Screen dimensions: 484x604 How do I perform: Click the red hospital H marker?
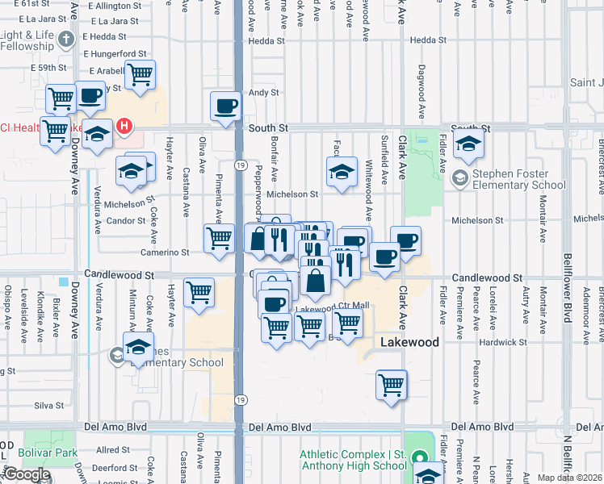(x=124, y=126)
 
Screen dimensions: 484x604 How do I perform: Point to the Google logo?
(x=27, y=474)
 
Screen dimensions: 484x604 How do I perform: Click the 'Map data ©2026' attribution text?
(x=570, y=478)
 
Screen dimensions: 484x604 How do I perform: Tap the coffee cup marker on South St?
(x=225, y=106)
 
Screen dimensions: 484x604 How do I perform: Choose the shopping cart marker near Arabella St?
(x=140, y=75)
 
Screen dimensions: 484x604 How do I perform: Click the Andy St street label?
(x=263, y=93)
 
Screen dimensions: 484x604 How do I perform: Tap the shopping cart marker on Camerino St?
(x=219, y=239)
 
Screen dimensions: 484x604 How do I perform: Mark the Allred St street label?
(x=113, y=450)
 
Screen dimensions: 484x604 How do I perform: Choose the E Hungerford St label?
(x=115, y=54)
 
